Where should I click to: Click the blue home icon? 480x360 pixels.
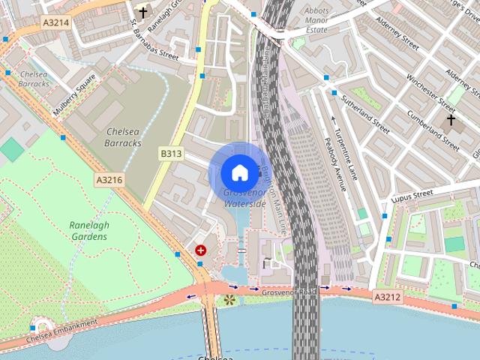(x=239, y=172)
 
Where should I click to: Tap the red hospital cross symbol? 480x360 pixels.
(x=200, y=250)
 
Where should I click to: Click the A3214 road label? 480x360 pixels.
(x=55, y=22)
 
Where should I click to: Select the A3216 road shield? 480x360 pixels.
(x=109, y=180)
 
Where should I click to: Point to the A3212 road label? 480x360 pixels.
(x=388, y=297)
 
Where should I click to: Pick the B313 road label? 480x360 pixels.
(x=171, y=154)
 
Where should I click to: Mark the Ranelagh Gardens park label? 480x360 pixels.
(x=88, y=230)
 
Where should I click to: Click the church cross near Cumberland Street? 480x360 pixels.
(x=451, y=119)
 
